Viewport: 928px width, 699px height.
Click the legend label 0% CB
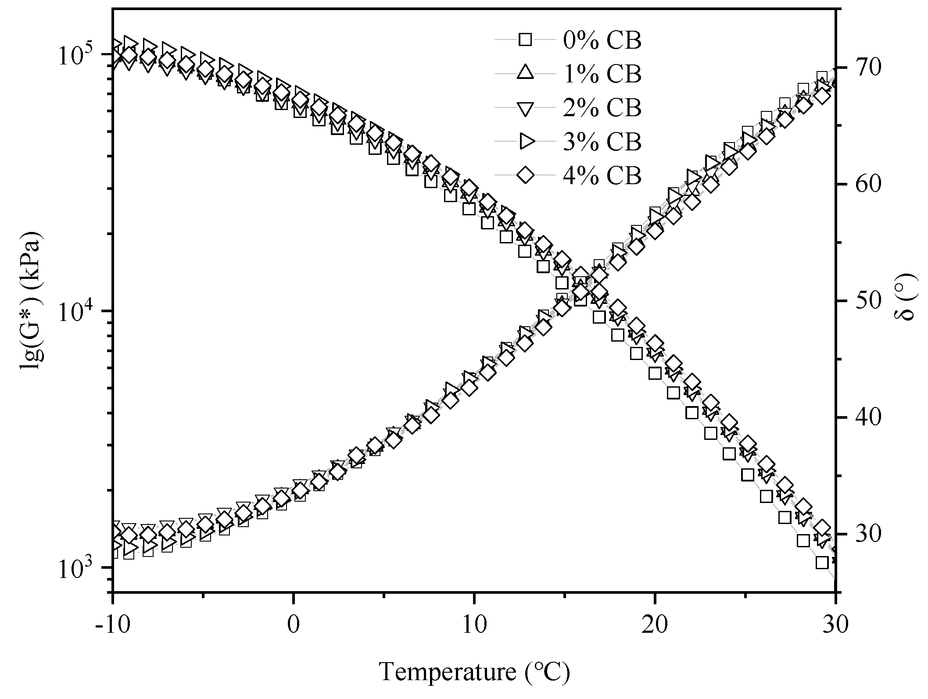coord(602,40)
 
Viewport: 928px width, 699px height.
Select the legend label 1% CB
coord(602,74)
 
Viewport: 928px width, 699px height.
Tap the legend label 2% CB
coord(602,108)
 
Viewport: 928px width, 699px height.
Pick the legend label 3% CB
coord(602,142)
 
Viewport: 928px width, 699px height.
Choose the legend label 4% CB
coord(602,175)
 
